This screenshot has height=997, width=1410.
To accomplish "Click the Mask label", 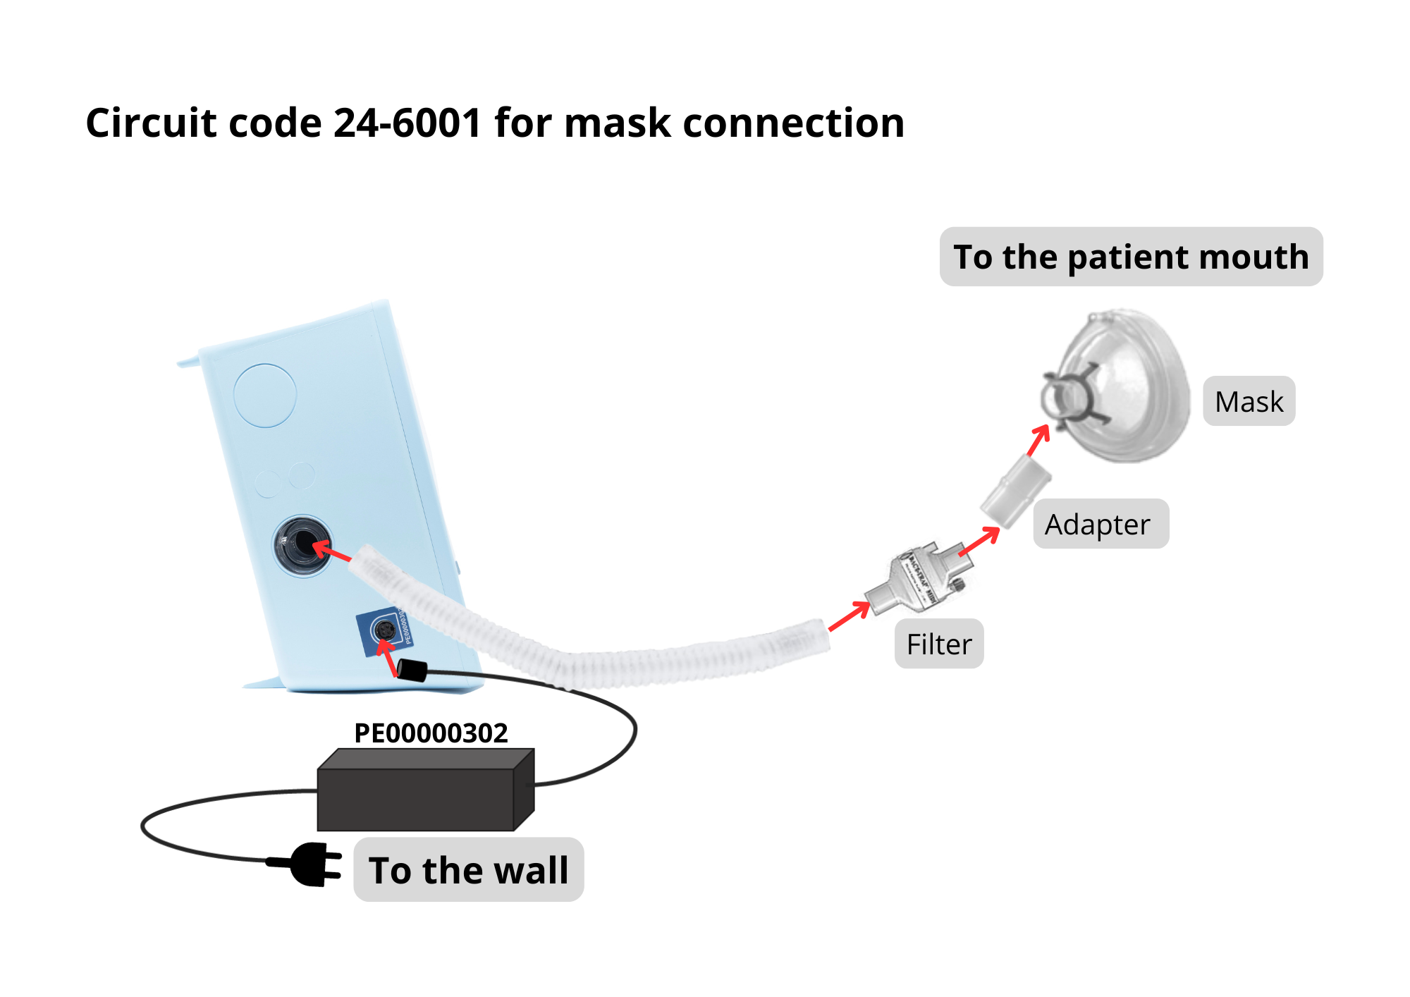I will (x=1249, y=401).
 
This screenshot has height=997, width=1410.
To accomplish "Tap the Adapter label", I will (x=1100, y=524).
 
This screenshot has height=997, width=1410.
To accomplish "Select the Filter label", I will (x=938, y=644).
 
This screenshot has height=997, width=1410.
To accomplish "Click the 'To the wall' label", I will (x=469, y=869).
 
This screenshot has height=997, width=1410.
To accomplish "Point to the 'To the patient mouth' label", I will (x=1131, y=257).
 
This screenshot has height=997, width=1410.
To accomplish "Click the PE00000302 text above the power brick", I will (x=431, y=733).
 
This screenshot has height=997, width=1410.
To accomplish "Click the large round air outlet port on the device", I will (x=302, y=545).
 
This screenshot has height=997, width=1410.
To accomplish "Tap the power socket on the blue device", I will (x=384, y=630).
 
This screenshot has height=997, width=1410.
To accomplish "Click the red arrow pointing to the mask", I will (x=1038, y=440).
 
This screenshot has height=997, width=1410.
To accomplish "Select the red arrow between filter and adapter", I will (x=980, y=542).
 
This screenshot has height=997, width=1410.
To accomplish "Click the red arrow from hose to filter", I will (x=850, y=616).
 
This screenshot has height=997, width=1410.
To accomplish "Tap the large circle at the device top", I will (x=265, y=395).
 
